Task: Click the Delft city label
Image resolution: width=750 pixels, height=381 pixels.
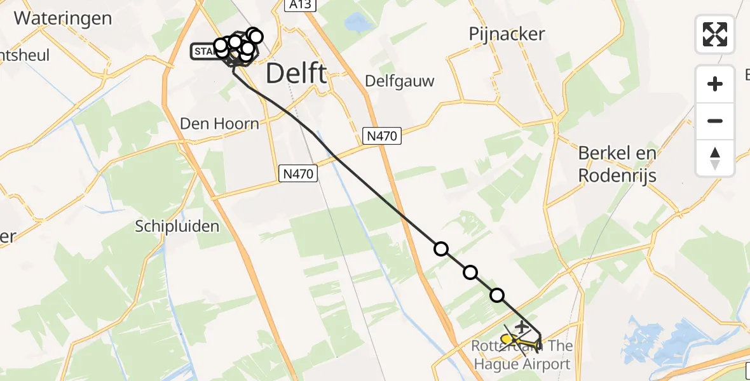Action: pos(296,74)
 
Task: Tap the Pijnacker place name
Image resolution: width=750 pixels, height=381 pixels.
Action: pos(507,34)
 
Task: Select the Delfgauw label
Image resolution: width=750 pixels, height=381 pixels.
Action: pos(400,81)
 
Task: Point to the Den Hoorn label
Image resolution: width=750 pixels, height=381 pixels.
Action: pos(219,123)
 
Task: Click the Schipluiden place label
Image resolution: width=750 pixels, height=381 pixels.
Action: pos(177,226)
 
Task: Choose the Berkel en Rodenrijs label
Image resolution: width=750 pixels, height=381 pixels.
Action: pos(617,164)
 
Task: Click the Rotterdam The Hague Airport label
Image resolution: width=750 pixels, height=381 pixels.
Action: pos(521,356)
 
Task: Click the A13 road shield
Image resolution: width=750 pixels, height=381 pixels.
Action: pos(298,5)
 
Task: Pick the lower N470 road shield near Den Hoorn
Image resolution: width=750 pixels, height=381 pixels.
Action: pos(298,173)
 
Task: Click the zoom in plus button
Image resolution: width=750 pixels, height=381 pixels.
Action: pos(715,84)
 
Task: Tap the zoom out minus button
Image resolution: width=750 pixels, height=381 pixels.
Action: pos(715,121)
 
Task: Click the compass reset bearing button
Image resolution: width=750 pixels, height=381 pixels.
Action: pos(715,158)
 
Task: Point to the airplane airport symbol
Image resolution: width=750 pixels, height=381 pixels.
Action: pos(522,328)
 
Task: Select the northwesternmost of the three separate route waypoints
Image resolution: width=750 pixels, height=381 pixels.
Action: pos(441,249)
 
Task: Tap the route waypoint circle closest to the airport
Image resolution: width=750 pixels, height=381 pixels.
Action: pos(497,295)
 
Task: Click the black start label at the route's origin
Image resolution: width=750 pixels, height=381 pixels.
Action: pos(203,51)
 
